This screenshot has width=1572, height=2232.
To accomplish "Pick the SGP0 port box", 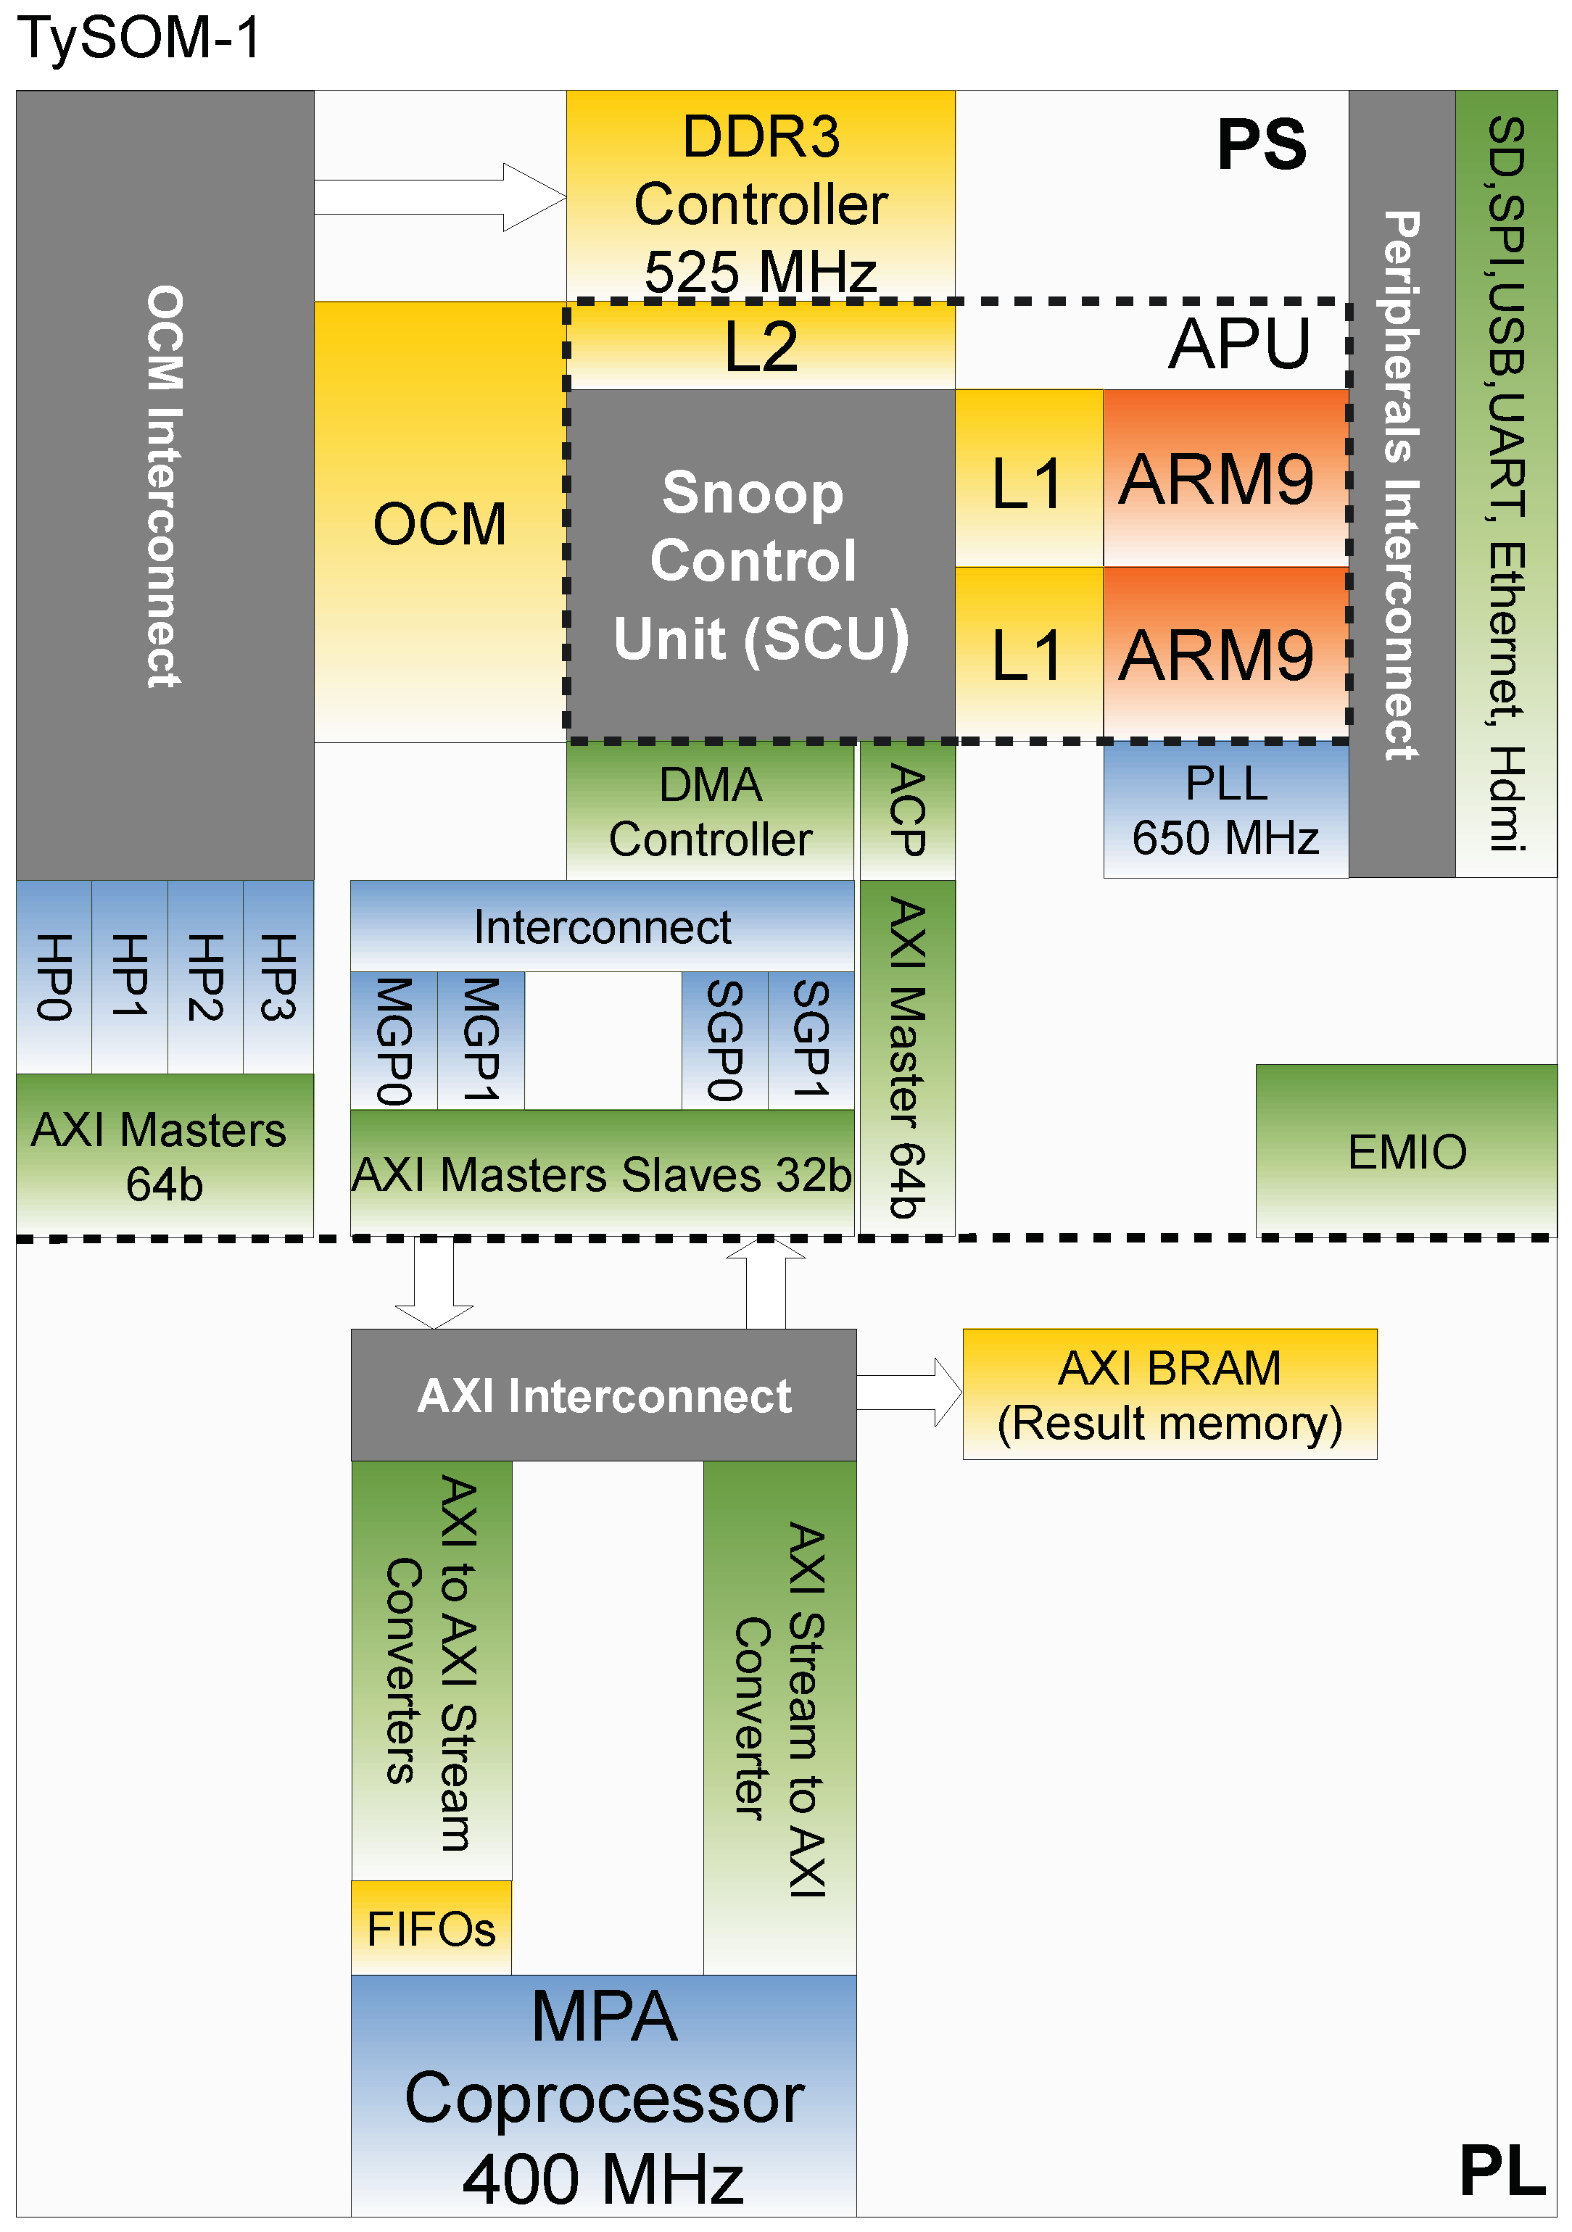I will click(x=724, y=1040).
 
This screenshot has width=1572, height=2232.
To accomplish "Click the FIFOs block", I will click(x=431, y=1928).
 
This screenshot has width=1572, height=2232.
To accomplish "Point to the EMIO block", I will click(x=1406, y=1151).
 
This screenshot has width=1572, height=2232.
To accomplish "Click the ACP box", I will click(x=906, y=810).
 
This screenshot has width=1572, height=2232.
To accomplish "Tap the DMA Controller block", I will click(x=710, y=812).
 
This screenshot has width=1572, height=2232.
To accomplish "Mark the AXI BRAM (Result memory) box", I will click(x=1169, y=1394).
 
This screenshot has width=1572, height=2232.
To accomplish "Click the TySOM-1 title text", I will click(x=138, y=39).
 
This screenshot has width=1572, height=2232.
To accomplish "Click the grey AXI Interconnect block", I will click(x=603, y=1395).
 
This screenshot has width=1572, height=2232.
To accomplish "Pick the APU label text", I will click(x=1238, y=345).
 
